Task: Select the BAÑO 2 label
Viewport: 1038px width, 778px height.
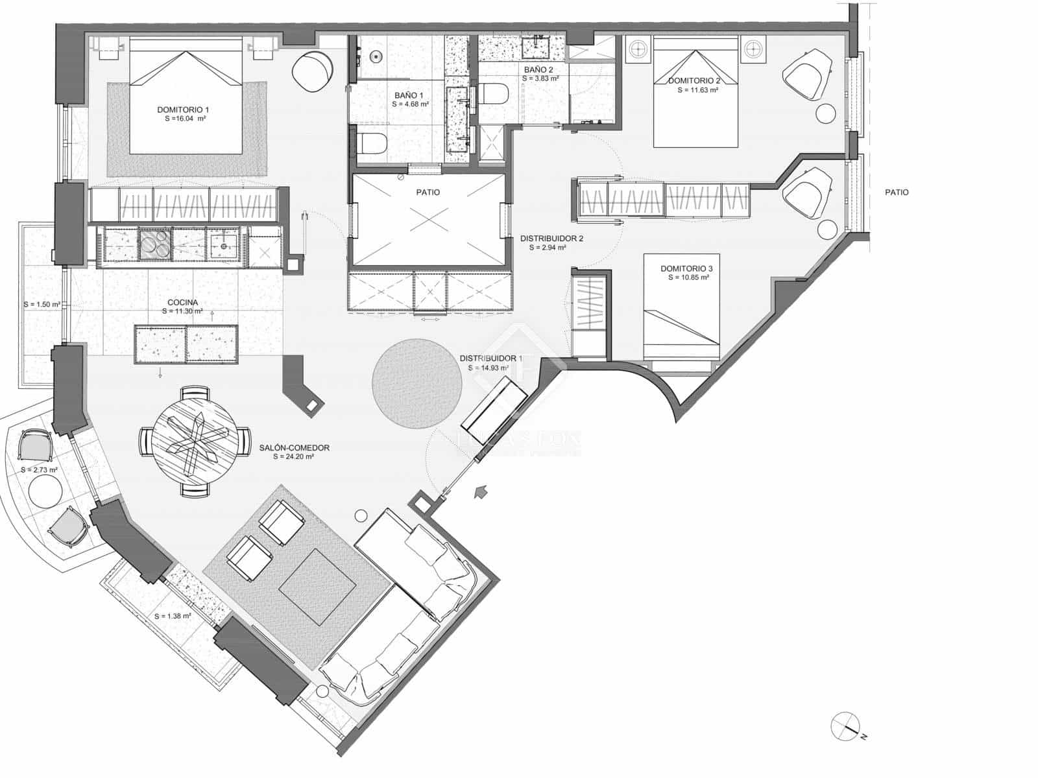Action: [x=538, y=69]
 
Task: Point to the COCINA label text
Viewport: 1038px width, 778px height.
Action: [x=182, y=302]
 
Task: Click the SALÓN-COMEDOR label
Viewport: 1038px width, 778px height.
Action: [x=295, y=448]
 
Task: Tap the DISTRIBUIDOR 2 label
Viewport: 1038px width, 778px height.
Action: [x=551, y=238]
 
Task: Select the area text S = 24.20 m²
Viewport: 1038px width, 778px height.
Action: [x=295, y=457]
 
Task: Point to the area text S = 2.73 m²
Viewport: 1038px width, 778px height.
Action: [x=40, y=469]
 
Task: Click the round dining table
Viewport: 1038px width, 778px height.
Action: [x=195, y=442]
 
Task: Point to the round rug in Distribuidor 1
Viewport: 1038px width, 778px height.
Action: [x=416, y=384]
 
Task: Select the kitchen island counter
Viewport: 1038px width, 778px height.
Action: [x=186, y=343]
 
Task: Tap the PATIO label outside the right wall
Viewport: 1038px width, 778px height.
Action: [x=897, y=193]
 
